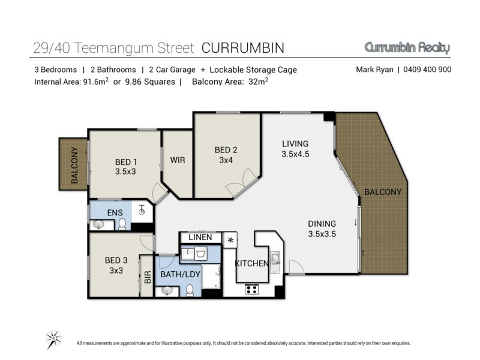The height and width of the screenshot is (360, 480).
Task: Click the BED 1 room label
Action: pos(125,167)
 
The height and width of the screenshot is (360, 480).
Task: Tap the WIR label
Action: pos(178,160)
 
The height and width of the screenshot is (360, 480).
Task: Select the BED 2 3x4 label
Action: pos(226,155)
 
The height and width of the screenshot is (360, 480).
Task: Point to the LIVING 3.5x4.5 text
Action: pos(295,149)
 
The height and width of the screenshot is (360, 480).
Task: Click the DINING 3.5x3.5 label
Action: pos(322,229)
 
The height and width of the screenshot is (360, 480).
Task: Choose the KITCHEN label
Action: pos(251,263)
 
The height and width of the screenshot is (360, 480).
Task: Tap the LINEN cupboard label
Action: pos(200,237)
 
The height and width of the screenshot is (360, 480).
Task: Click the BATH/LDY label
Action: pos(181,274)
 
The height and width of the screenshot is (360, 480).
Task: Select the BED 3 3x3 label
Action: pos(116,265)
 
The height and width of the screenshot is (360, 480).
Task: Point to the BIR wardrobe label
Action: pos(148,277)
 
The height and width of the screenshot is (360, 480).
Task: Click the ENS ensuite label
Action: pos(115,212)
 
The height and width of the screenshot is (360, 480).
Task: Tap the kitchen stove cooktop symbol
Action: pos(251,289)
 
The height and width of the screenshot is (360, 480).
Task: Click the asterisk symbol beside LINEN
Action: pos(230,241)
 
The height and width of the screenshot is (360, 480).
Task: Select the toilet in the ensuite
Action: pos(122,224)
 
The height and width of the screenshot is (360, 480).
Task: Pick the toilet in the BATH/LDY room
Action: pos(190,290)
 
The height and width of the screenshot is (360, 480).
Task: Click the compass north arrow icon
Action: pos(53,340)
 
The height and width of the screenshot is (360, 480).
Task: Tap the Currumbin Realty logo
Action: pos(407,48)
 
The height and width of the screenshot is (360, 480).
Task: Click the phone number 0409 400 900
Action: pos(427,70)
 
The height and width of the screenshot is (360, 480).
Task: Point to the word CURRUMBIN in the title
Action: pos(243,48)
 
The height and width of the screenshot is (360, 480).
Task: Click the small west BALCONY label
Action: pos(74,165)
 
